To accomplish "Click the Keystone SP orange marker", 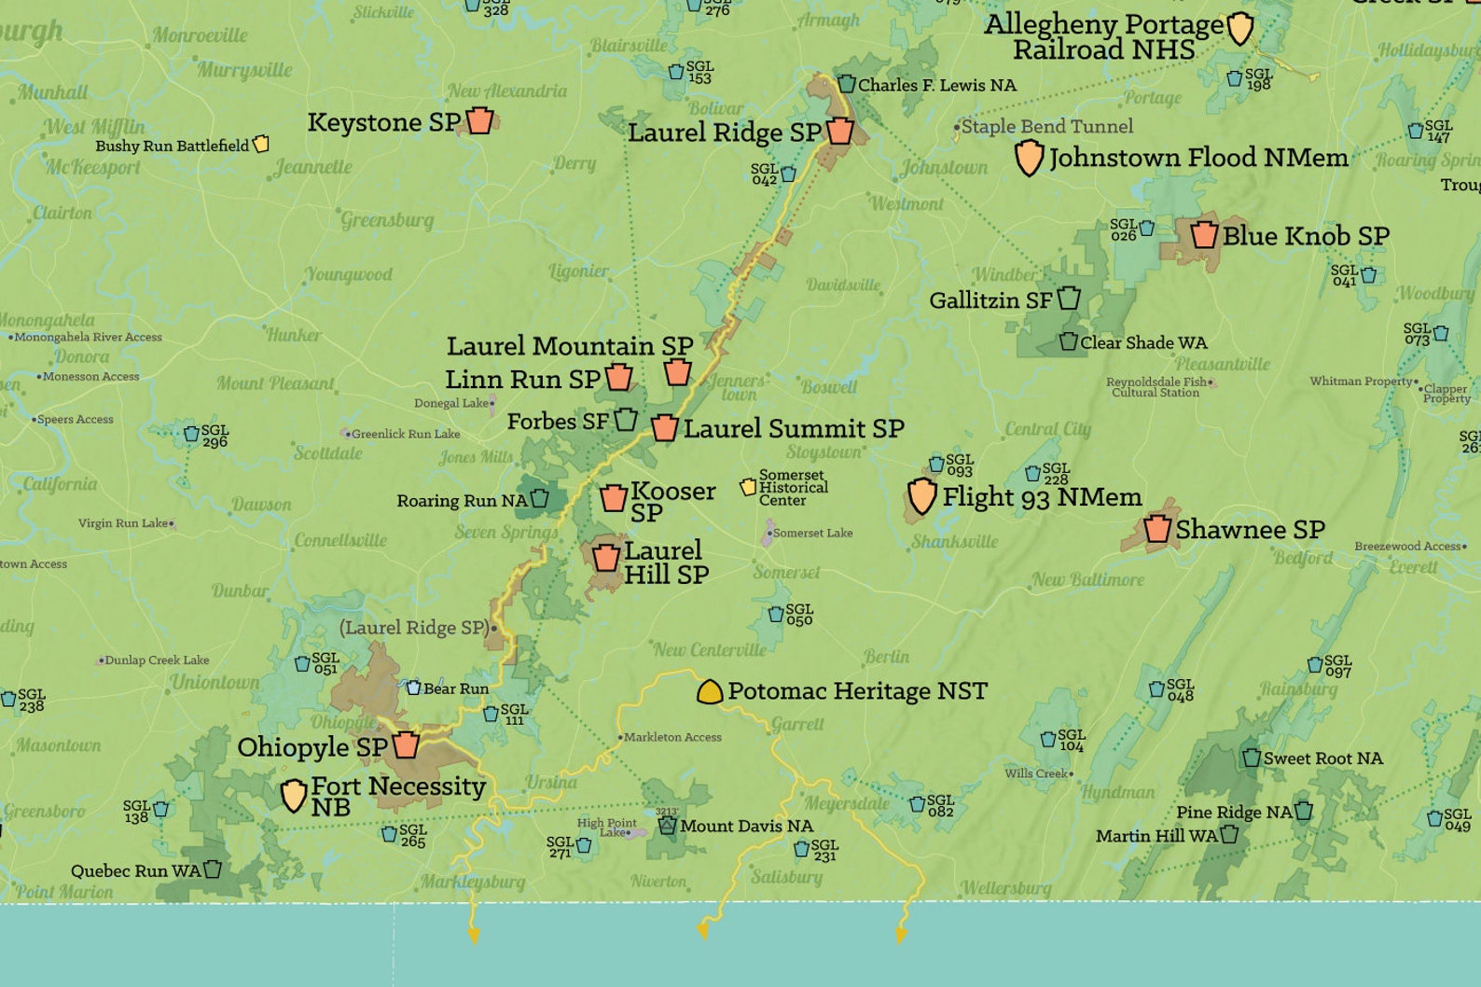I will coord(479,121).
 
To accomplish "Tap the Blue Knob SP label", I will coord(1306,236).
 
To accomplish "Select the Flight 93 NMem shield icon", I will coord(921,496).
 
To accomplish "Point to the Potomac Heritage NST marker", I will coord(710,691).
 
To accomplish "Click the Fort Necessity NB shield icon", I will coord(294,796).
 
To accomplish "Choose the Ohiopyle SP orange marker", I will coord(406,745).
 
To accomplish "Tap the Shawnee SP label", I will coord(1250,529).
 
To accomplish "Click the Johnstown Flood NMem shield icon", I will coord(1028,158).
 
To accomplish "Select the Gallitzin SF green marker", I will coord(1069,299).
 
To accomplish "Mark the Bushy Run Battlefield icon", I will coord(261,144).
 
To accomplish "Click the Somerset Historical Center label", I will coord(793,488).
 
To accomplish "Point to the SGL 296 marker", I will coord(191,434).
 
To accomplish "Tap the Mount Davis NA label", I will coord(746,827).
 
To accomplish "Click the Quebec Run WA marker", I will coord(213,869).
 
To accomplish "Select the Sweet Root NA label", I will coord(1322,758).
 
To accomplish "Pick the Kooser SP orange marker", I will coord(613,499).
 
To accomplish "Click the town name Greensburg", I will coord(387,220).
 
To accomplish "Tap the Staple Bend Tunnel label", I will coord(1046,126).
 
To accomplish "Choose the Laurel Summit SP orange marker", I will coord(664,428).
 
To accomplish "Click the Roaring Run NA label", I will coord(462,501).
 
